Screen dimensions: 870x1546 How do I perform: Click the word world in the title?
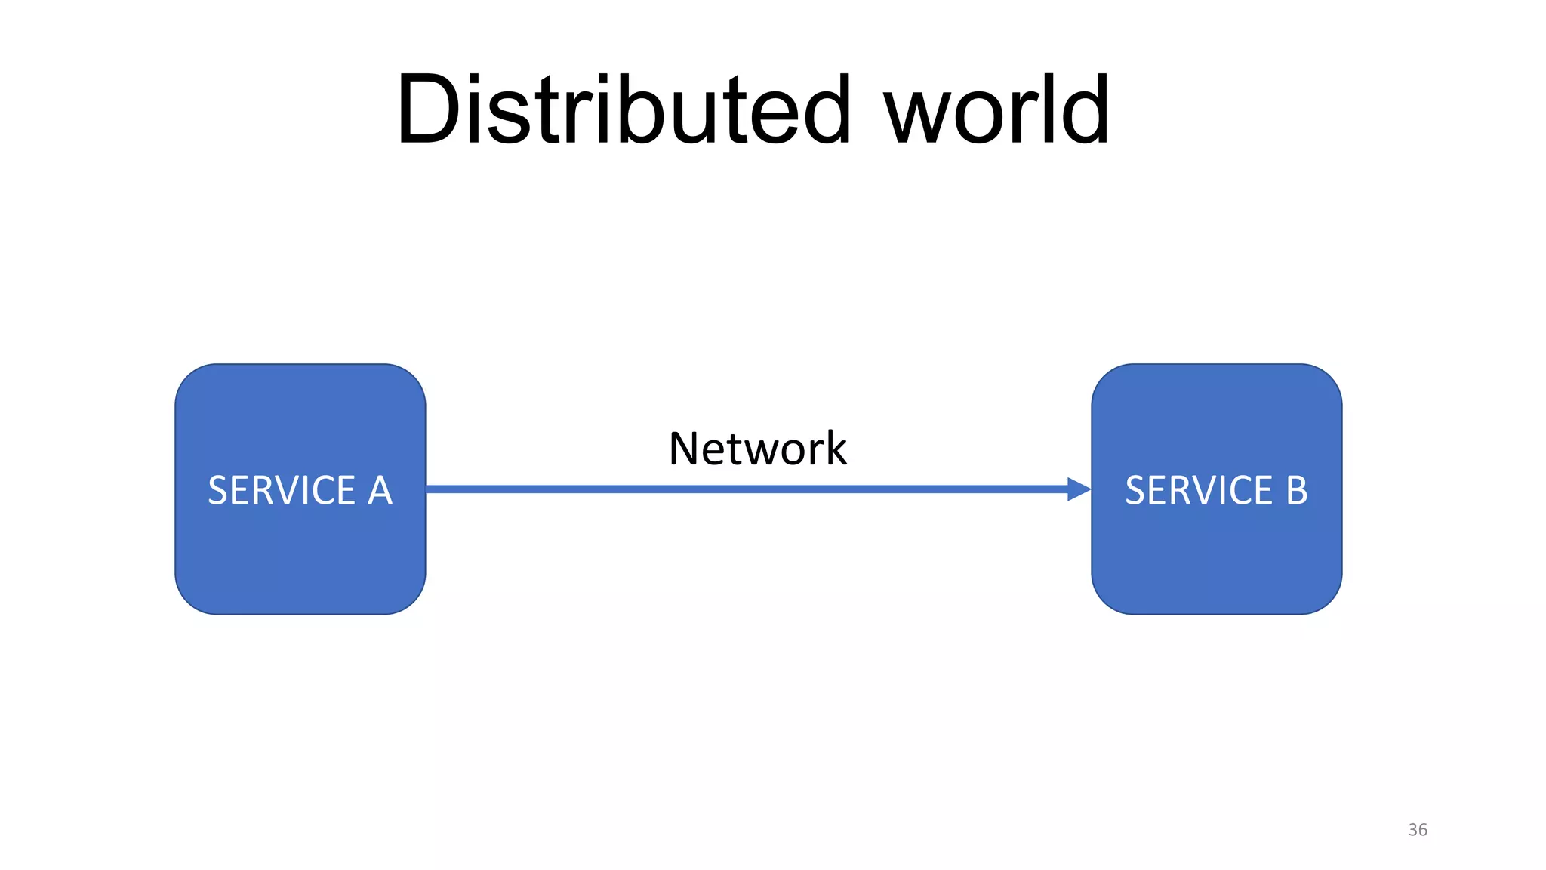[x=996, y=110]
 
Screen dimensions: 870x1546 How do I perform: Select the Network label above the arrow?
[x=757, y=449]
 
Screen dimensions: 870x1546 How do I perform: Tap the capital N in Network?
[x=686, y=449]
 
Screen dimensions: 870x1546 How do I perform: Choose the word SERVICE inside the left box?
[x=282, y=491]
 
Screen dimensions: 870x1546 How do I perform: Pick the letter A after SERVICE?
[x=380, y=491]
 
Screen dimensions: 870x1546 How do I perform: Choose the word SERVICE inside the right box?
[x=1199, y=491]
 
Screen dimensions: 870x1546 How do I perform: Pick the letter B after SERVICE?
[x=1296, y=491]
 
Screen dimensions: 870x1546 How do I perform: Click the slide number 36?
[x=1418, y=829]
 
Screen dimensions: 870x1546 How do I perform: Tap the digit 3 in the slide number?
[x=1412, y=829]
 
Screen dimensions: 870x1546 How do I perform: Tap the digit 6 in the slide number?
[x=1423, y=829]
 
